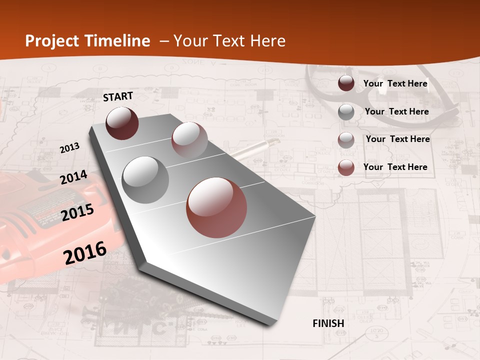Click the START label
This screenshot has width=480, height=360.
tap(118, 96)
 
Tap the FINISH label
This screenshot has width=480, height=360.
tap(328, 323)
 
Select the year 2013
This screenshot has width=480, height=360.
tap(69, 148)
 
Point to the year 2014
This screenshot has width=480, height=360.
tap(73, 177)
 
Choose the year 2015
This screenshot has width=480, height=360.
tap(77, 212)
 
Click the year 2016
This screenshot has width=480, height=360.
tap(85, 252)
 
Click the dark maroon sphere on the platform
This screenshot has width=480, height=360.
tap(122, 123)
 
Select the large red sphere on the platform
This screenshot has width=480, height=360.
tap(216, 207)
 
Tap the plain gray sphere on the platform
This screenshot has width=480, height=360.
tap(145, 179)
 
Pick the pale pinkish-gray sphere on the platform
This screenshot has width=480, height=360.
tap(189, 140)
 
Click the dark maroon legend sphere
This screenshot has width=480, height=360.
tap(346, 83)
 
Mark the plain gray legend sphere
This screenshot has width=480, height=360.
tap(346, 111)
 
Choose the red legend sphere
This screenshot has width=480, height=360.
tap(346, 167)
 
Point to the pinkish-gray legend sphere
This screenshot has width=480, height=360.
tap(346, 139)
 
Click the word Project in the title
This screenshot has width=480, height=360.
tap(51, 41)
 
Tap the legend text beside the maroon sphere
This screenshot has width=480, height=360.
tap(395, 83)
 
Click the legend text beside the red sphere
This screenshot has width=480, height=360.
tap(395, 167)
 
